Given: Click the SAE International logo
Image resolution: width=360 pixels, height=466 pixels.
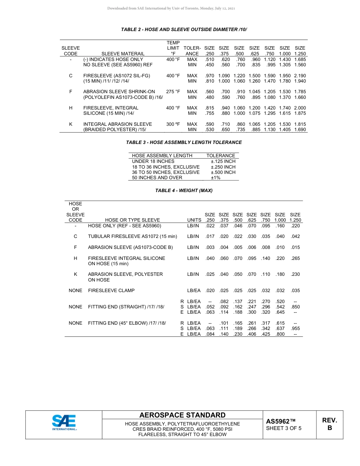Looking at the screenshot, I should click(x=64, y=423).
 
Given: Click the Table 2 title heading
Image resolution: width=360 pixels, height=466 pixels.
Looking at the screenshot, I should click(x=184, y=29).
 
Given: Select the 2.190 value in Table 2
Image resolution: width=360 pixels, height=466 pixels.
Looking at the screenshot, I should click(x=300, y=76).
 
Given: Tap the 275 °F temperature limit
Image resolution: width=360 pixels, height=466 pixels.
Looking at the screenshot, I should click(x=173, y=92).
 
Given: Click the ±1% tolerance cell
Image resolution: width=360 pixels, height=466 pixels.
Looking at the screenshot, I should click(x=216, y=178).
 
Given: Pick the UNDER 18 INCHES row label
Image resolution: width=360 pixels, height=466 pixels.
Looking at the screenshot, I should click(x=153, y=161).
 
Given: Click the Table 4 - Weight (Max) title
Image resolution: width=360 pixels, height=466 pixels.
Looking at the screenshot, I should click(x=184, y=191).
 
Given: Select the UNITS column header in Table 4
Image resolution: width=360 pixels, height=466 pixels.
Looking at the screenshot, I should click(x=194, y=220).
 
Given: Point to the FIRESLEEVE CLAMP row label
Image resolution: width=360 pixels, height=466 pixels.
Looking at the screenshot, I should click(x=111, y=291).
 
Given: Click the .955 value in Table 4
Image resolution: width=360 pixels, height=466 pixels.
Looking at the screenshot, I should click(x=295, y=329).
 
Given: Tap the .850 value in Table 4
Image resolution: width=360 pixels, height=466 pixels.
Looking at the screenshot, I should click(x=295, y=307).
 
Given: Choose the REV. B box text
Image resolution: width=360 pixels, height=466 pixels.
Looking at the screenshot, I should click(x=329, y=424).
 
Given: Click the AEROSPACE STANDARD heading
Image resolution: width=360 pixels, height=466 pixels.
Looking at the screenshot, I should click(x=182, y=415).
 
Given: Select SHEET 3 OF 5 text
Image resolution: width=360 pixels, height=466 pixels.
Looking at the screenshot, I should click(x=284, y=428).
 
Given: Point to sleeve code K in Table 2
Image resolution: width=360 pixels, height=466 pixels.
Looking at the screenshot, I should click(x=70, y=124).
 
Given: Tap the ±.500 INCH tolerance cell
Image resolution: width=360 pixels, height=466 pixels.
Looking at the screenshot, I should click(x=223, y=172).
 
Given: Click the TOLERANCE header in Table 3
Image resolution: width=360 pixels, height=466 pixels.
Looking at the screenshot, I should click(x=221, y=156).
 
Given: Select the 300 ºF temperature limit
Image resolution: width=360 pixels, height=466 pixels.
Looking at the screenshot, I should click(x=173, y=124).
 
